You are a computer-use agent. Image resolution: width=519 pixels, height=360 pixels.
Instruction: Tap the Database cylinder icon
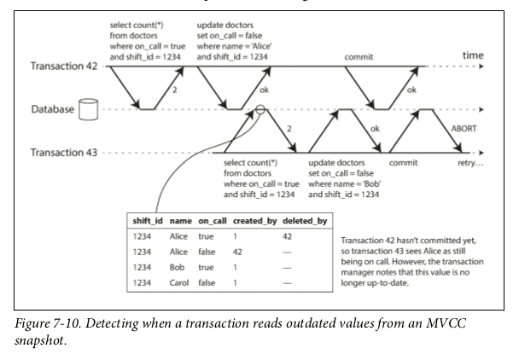tap(85, 109)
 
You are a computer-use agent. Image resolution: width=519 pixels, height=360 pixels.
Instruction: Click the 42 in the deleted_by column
tap(288, 235)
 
